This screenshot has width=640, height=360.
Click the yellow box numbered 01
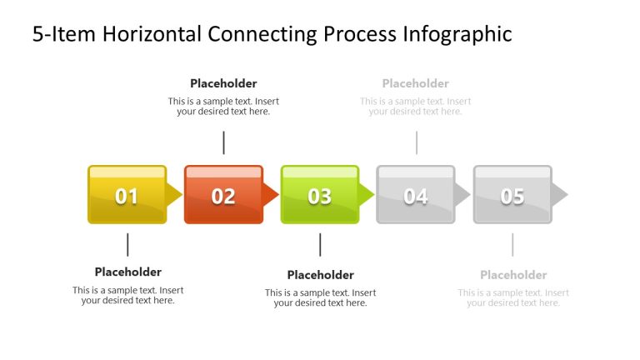click(127, 195)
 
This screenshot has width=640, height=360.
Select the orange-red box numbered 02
click(223, 195)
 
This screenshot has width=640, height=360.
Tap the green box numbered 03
click(320, 195)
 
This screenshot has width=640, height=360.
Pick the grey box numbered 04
click(416, 195)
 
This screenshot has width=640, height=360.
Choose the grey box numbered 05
click(512, 195)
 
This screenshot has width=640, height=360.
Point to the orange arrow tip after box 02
click(271, 195)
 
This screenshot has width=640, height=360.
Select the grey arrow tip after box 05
click(560, 195)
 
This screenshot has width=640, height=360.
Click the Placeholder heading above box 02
click(223, 83)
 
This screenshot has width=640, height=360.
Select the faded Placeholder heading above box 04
click(416, 83)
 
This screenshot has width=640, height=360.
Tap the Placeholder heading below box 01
click(127, 272)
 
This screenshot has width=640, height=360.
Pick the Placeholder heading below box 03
click(320, 275)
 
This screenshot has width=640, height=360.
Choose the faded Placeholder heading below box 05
click(513, 275)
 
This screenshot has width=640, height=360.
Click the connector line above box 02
click(223, 142)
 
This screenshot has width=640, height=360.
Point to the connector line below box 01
click(127, 244)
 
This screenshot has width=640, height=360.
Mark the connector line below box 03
click(320, 244)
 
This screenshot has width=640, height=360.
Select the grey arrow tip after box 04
click(463, 195)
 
